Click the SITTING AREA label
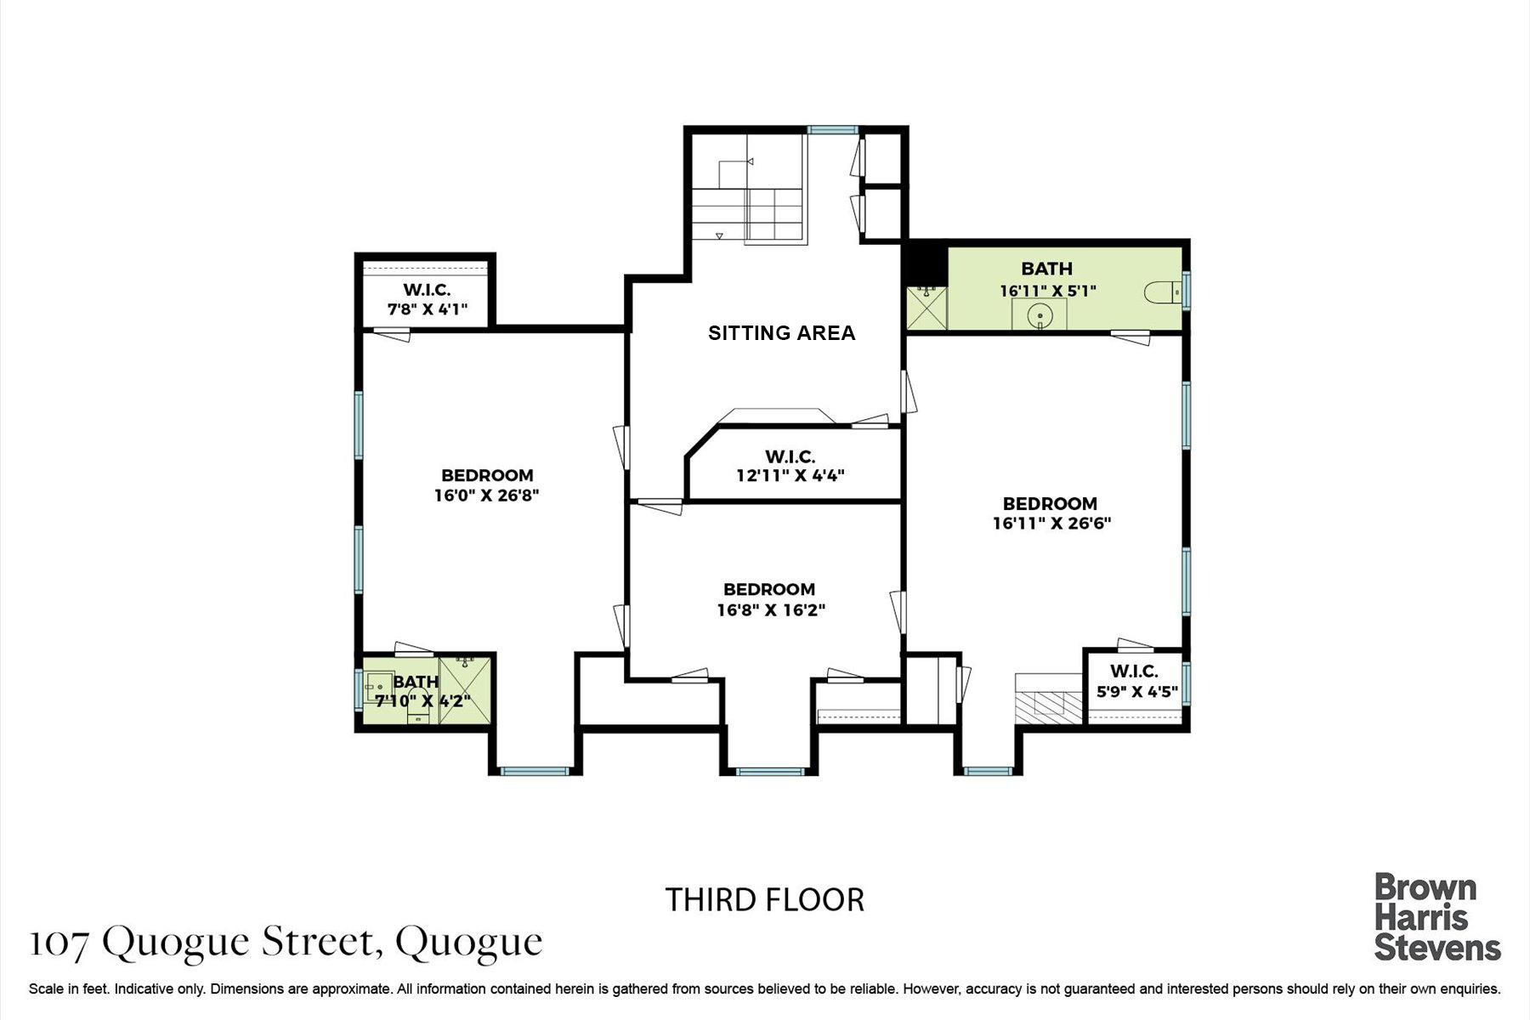[x=781, y=333]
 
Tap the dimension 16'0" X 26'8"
[x=487, y=495]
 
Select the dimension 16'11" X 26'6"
[x=1051, y=523]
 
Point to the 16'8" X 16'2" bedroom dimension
[x=771, y=609]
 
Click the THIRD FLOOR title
[x=765, y=899]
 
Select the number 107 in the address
[x=59, y=943]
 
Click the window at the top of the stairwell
[x=832, y=130]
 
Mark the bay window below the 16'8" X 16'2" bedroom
[x=770, y=772]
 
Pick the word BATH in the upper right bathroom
[x=1046, y=269]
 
